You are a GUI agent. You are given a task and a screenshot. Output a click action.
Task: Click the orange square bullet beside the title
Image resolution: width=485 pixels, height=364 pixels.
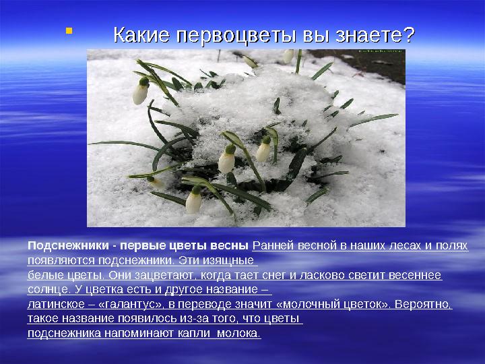69,30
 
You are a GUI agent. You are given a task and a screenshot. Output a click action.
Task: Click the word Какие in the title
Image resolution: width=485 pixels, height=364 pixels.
141,34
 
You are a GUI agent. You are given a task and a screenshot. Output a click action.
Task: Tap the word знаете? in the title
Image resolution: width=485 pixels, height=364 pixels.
375,34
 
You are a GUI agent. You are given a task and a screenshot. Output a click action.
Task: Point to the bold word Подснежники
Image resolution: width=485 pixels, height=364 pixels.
68,246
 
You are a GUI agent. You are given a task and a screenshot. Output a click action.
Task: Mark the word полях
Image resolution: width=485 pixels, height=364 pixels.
451,246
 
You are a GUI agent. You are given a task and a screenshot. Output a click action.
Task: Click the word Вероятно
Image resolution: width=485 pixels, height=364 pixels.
423,305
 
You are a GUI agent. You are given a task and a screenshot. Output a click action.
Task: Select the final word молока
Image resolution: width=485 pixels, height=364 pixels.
238,334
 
